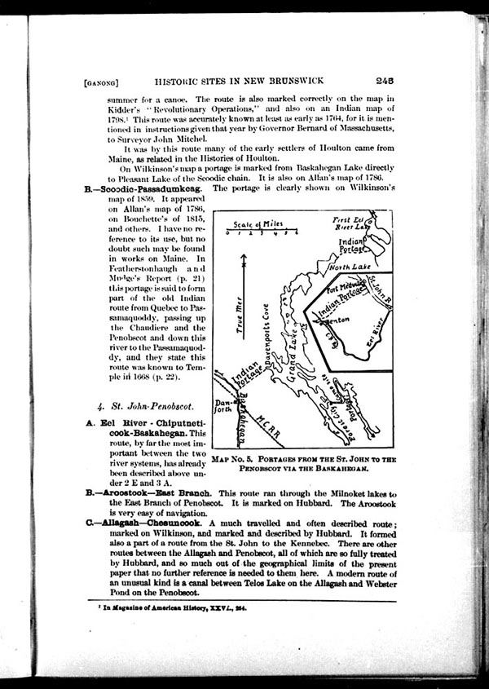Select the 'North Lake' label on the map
(350, 267)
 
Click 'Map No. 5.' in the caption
(236, 460)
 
